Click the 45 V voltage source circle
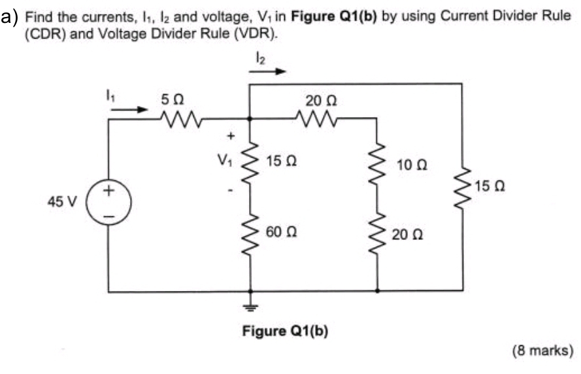click(109, 201)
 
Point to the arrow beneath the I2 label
click(269, 72)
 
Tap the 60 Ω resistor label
click(278, 233)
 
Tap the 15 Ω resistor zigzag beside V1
click(250, 161)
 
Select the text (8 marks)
click(542, 351)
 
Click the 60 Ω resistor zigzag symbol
click(250, 233)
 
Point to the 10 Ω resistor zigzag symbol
click(377, 165)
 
